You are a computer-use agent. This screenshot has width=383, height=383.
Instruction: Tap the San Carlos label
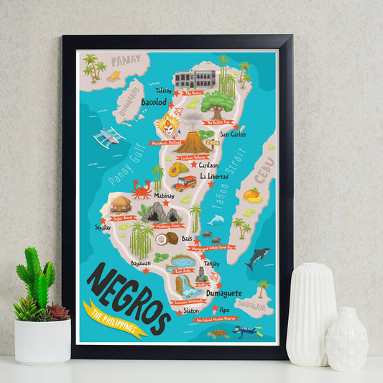point(233,134)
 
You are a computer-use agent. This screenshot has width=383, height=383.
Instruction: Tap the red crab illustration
point(142,190)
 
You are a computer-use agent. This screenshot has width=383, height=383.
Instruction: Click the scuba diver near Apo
point(246,331)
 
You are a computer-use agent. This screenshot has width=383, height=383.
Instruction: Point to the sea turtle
point(217,334)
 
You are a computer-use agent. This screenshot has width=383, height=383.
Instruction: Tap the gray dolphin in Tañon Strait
point(216,218)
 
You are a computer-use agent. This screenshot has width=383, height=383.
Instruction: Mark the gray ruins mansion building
point(195,78)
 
